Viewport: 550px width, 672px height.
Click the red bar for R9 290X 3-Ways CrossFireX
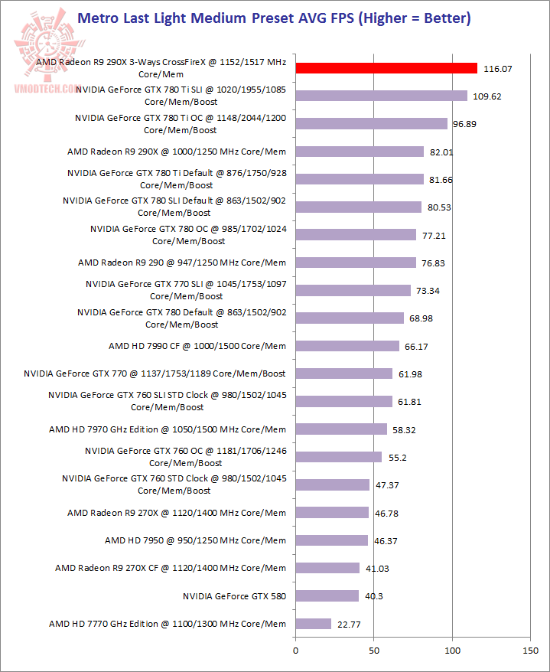tap(386, 68)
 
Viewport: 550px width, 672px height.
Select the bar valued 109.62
tap(381, 96)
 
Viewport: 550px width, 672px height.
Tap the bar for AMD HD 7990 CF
tap(347, 346)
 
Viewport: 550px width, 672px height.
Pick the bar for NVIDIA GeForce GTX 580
tap(327, 595)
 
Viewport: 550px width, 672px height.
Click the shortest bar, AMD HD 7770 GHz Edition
tap(313, 624)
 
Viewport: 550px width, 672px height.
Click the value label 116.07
tap(498, 69)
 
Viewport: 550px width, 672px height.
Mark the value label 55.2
tap(397, 458)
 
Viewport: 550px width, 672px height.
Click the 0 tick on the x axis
tap(295, 651)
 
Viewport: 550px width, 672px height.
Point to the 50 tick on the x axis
tap(373, 651)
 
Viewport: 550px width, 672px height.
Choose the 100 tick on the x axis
tap(452, 651)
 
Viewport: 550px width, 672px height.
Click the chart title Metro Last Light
tap(275, 17)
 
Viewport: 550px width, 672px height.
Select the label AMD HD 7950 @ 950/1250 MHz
tap(195, 540)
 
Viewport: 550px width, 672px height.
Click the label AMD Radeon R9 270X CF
tap(171, 568)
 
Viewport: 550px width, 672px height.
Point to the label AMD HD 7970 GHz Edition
tap(168, 429)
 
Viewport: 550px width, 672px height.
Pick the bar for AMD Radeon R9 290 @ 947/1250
tap(356, 263)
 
